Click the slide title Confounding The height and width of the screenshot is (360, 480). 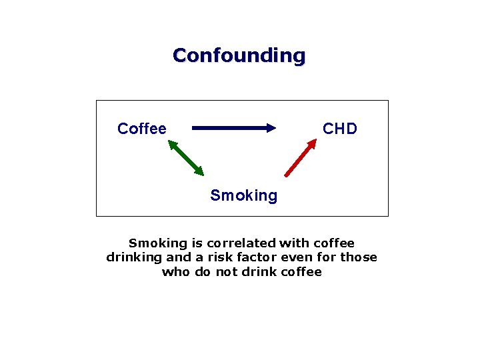(x=239, y=55)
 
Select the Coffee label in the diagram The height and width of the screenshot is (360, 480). (x=142, y=129)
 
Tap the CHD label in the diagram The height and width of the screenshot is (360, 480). (x=340, y=129)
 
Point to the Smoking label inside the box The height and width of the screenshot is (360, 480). (x=243, y=195)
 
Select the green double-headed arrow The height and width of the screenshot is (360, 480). (x=185, y=157)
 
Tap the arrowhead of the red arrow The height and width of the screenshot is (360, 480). (x=313, y=143)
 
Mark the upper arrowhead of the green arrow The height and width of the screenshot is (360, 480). (x=172, y=144)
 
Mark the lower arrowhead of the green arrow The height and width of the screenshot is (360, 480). (x=198, y=171)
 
